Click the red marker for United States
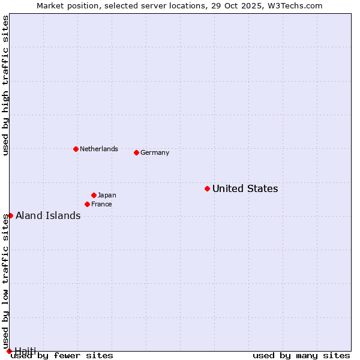[207, 188]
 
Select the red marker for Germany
[136, 152]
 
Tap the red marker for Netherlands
[76, 149]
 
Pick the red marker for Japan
[94, 195]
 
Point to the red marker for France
[87, 204]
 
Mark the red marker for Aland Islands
[10, 215]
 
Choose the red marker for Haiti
[9, 351]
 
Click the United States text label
[245, 188]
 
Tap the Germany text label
[155, 152]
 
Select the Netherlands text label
[98, 149]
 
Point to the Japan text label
[107, 195]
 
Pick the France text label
[101, 204]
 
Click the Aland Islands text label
[48, 215]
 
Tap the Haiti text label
[25, 350]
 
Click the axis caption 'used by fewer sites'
[62, 355]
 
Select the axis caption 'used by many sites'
[301, 355]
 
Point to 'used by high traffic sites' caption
[5, 85]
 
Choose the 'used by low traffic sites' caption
[5, 281]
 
